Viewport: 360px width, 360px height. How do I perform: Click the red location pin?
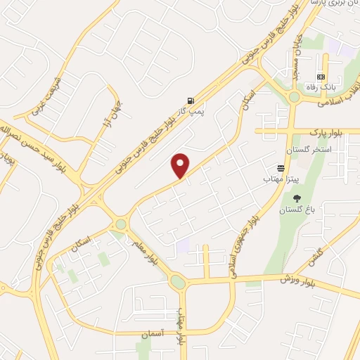coord(181,166)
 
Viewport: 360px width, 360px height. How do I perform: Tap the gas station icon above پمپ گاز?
coord(191,101)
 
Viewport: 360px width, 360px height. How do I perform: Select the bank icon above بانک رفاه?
coord(321,76)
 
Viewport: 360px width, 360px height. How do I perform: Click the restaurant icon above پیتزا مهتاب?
coord(281,168)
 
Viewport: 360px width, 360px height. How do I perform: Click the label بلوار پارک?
coord(325,131)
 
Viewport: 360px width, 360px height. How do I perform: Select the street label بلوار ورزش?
coord(297,281)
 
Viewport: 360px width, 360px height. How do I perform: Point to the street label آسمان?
coord(153,332)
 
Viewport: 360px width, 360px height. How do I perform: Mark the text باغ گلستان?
coord(296,210)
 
